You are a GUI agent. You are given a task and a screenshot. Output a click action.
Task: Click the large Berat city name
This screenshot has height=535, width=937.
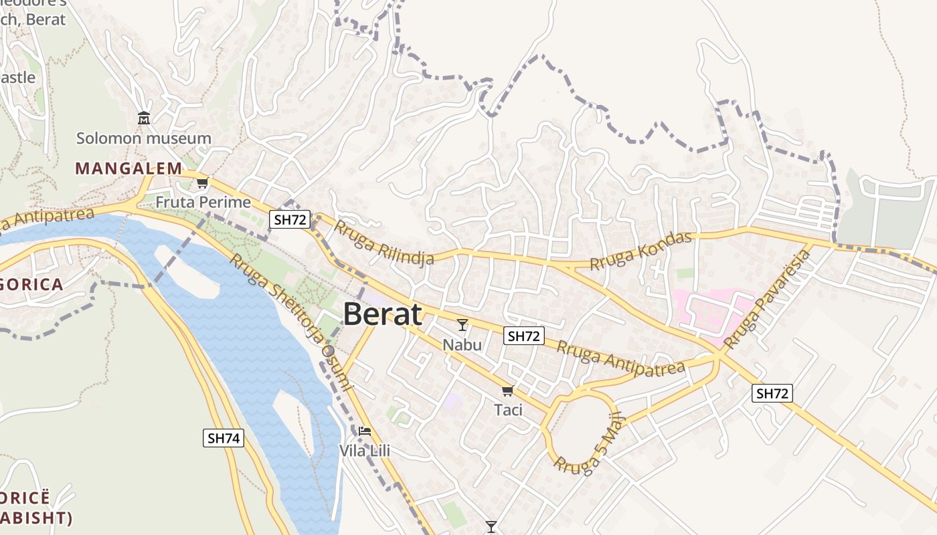pyautogui.click(x=383, y=314)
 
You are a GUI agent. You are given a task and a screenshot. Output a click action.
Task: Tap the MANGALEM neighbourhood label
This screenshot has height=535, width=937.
pyautogui.click(x=129, y=169)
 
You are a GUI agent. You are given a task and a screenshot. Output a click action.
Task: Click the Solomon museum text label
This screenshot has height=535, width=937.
pyautogui.click(x=143, y=138)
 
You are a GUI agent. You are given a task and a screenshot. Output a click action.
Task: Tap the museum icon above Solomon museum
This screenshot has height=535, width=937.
pyautogui.click(x=143, y=119)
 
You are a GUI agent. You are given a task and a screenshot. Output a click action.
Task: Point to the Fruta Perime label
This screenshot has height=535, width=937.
pyautogui.click(x=203, y=202)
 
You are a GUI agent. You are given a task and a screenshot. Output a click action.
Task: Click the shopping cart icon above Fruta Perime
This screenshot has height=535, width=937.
pyautogui.click(x=202, y=183)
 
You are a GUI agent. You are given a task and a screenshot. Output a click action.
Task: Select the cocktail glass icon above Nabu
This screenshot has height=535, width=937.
pyautogui.click(x=462, y=325)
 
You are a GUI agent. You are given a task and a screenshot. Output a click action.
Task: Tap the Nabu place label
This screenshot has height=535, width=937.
pyautogui.click(x=462, y=344)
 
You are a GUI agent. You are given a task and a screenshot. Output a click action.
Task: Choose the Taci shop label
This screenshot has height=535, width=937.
pyautogui.click(x=508, y=410)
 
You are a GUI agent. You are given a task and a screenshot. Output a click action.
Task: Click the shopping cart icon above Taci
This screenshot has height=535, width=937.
pyautogui.click(x=507, y=391)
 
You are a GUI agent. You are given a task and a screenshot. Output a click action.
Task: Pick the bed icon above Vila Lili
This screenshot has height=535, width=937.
pyautogui.click(x=364, y=431)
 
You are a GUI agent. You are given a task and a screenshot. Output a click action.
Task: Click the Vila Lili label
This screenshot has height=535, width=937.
pyautogui.click(x=365, y=451)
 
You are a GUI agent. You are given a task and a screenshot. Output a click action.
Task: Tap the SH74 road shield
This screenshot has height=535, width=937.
pyautogui.click(x=224, y=439)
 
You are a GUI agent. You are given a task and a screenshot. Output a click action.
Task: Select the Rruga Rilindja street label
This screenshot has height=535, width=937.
pyautogui.click(x=384, y=242)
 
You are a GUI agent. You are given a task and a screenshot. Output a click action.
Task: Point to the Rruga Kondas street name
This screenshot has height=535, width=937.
pyautogui.click(x=641, y=251)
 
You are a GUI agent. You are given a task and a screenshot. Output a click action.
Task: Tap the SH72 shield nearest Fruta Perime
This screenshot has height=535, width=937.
pyautogui.click(x=290, y=219)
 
